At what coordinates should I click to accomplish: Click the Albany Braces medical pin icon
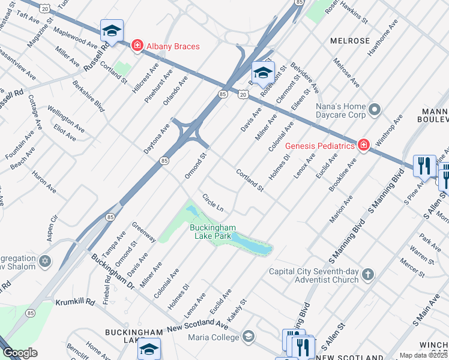pyautogui.click(x=137, y=46)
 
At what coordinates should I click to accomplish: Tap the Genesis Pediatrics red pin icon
pyautogui.click(x=363, y=145)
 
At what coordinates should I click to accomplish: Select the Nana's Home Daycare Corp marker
pyautogui.click(x=375, y=109)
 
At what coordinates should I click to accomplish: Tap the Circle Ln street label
pyautogui.click(x=213, y=202)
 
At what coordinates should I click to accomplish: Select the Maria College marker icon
pyautogui.click(x=248, y=336)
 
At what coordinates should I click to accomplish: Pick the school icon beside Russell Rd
pyautogui.click(x=112, y=31)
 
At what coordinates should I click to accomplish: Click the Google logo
pyautogui.click(x=20, y=353)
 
